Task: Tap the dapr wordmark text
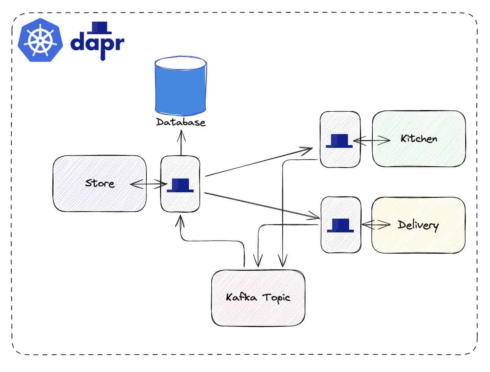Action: coord(97,44)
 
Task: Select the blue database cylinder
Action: coord(181,88)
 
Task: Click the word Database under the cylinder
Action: coord(181,122)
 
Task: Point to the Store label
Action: coord(100,184)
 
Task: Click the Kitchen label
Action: coord(419,139)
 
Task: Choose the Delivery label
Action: coord(418,225)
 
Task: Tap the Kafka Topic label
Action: coord(258,297)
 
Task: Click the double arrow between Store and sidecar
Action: coord(147,183)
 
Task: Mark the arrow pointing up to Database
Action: coord(181,144)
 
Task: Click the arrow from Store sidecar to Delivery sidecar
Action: coord(262,205)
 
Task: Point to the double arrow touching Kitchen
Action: coord(372,140)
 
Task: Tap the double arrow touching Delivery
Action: coord(376,225)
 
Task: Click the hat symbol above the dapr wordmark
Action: coord(102,27)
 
